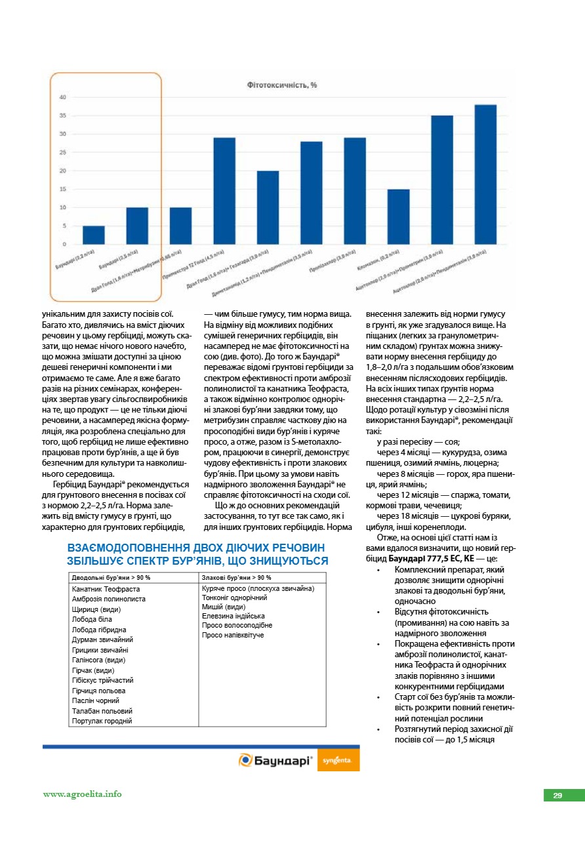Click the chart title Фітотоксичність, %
coord(282,85)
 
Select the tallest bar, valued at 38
coord(485,174)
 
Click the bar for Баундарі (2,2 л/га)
coord(94,235)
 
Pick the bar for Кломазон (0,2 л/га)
coord(398,216)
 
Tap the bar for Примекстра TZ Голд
coord(224,191)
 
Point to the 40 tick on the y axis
coord(63,97)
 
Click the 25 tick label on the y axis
coord(63,152)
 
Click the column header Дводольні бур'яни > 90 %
coord(111,577)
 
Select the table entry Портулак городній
coord(102,721)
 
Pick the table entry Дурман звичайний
coord(103,639)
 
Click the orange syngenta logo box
coord(341,760)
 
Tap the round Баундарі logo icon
coord(245,760)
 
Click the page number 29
coord(557,796)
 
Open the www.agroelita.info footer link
coord(83,794)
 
